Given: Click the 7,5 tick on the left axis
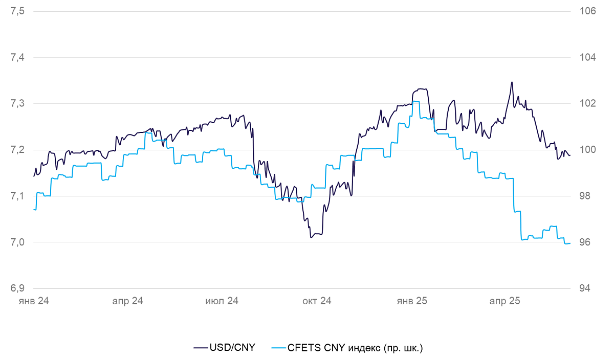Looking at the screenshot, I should [x=17, y=11].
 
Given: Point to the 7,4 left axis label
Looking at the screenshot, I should [x=17, y=57].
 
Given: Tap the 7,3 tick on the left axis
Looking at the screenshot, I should [x=17, y=103].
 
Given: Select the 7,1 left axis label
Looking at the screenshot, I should [x=17, y=196].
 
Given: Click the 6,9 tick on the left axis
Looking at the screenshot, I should [x=17, y=288].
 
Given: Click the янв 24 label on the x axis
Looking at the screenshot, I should [x=33, y=301].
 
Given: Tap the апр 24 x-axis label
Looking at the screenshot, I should [x=127, y=301].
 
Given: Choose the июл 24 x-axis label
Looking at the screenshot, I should [x=222, y=301].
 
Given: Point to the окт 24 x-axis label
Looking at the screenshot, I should [x=317, y=301].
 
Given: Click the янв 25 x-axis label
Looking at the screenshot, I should [x=412, y=301].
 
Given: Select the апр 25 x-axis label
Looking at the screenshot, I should [x=505, y=301].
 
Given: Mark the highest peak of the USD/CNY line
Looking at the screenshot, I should [x=512, y=82].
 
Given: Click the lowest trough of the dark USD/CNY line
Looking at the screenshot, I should [x=311, y=237].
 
